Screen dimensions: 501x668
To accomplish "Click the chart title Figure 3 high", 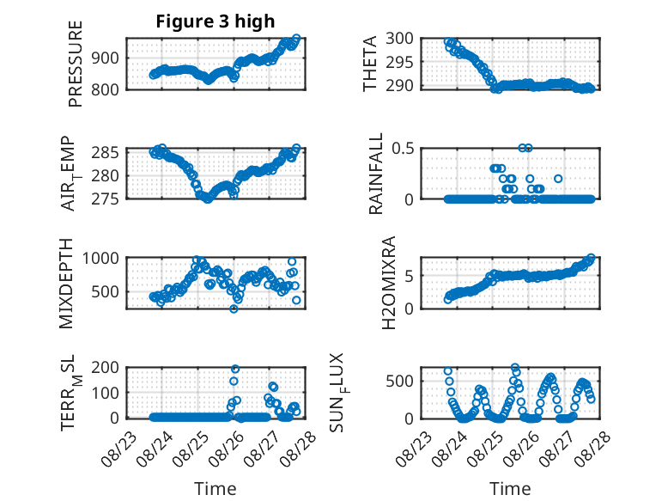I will [x=215, y=22].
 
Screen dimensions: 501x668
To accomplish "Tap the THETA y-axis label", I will [x=370, y=64].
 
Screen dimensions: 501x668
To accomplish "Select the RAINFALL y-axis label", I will [x=376, y=175].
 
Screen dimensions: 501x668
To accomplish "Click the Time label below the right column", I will [x=510, y=488].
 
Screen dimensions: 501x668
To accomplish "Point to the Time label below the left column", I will [x=215, y=488].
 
